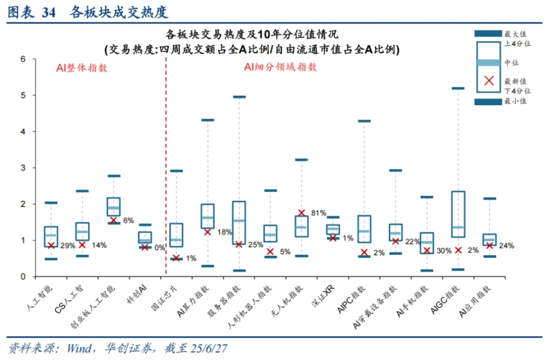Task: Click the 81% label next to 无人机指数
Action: [x=319, y=213]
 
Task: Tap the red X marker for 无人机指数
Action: [x=301, y=213]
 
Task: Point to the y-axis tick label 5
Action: [x=23, y=96]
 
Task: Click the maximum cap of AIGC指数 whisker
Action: [x=458, y=88]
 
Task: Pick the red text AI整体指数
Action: [x=82, y=68]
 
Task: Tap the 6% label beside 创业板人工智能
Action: [x=128, y=220]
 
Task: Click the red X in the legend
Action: [x=490, y=80]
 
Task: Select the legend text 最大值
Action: [x=515, y=34]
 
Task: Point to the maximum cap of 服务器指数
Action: [x=239, y=97]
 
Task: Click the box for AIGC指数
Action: [x=458, y=214]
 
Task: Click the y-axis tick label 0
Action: [x=23, y=276]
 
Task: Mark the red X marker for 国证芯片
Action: [x=176, y=259]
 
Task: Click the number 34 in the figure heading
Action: [x=49, y=13]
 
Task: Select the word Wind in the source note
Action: [x=79, y=348]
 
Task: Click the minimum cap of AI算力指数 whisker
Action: [x=208, y=266]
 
